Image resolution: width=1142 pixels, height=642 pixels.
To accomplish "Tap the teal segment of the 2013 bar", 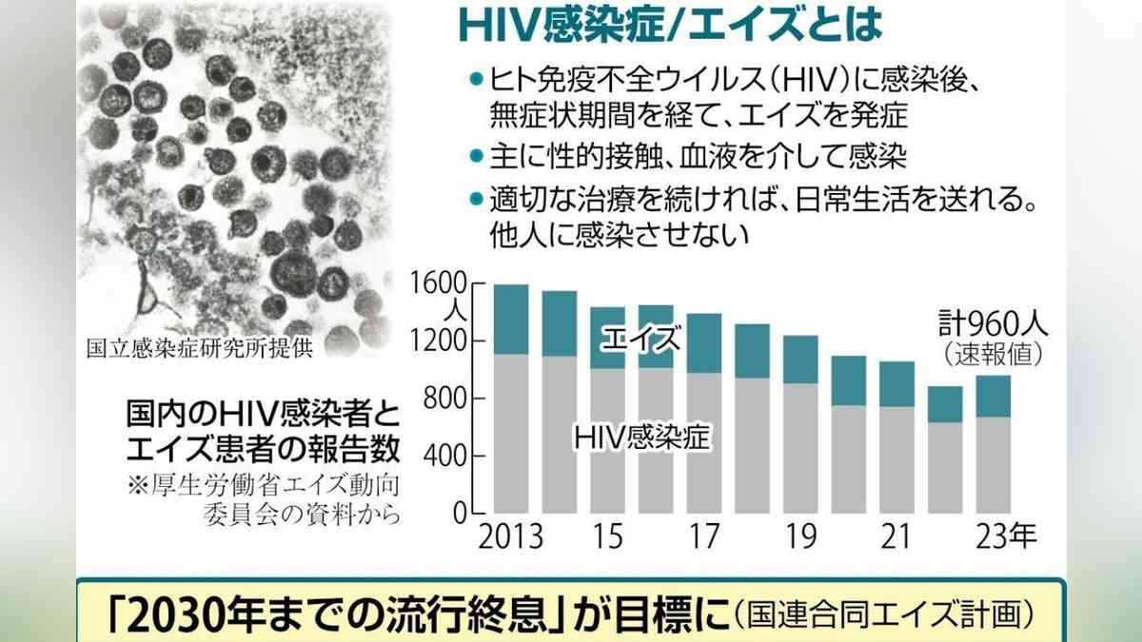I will pyautogui.click(x=511, y=319).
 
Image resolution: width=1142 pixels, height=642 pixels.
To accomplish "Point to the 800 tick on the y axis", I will pyautogui.click(x=441, y=399).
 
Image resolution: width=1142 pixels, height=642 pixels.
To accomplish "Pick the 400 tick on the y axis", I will pyautogui.click(x=441, y=457).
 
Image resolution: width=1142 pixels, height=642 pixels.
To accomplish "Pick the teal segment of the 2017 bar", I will pyautogui.click(x=703, y=343).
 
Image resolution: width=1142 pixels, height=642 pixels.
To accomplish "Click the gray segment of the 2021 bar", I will pyautogui.click(x=896, y=460).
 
